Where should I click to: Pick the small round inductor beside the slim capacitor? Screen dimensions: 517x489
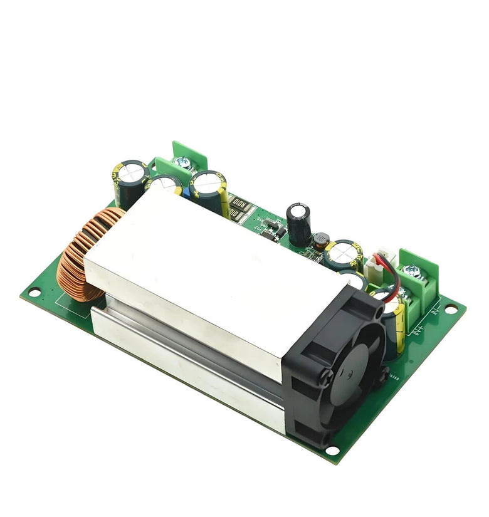pyautogui.click(x=322, y=239)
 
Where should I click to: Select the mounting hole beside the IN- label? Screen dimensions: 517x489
pyautogui.click(x=450, y=308)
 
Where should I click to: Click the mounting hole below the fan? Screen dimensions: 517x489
pyautogui.click(x=333, y=450)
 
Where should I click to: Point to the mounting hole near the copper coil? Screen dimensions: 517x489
pyautogui.click(x=33, y=292)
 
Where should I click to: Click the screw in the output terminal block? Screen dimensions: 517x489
pyautogui.click(x=184, y=162)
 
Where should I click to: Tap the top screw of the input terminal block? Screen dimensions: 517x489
pyautogui.click(x=412, y=271)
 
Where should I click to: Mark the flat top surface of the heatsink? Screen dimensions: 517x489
pyautogui.click(x=213, y=263)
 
